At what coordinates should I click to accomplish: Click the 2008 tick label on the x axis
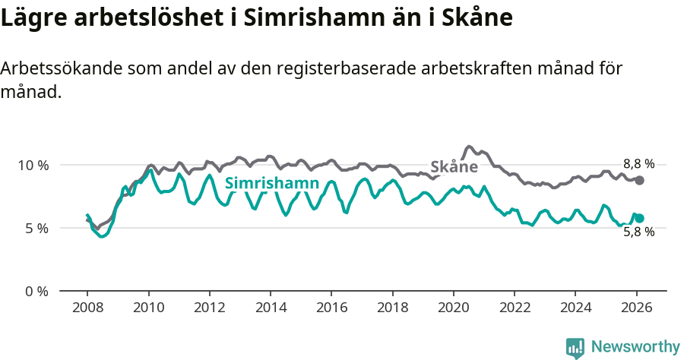pyautogui.click(x=87, y=309)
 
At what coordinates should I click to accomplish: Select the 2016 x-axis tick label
pyautogui.click(x=331, y=309)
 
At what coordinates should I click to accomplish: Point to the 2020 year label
pyautogui.click(x=453, y=309)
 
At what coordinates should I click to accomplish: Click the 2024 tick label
pyautogui.click(x=575, y=309)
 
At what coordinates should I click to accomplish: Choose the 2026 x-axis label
pyautogui.click(x=636, y=309)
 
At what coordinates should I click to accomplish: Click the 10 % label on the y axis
pyautogui.click(x=33, y=166)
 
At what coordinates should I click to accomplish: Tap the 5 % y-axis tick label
pyautogui.click(x=36, y=229)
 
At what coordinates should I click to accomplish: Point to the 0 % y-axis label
pyautogui.click(x=36, y=292)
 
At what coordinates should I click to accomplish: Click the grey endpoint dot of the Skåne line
pyautogui.click(x=640, y=180)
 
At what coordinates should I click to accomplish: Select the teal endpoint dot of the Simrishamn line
pyautogui.click(x=640, y=218)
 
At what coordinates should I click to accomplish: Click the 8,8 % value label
pyautogui.click(x=638, y=163)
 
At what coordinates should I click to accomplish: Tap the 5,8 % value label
pyautogui.click(x=638, y=232)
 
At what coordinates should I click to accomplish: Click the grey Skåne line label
pyautogui.click(x=454, y=167)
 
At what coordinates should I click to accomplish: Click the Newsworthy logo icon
pyautogui.click(x=575, y=348)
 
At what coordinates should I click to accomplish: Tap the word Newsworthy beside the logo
pyautogui.click(x=635, y=347)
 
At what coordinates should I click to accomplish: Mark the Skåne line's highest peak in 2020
pyautogui.click(x=469, y=146)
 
